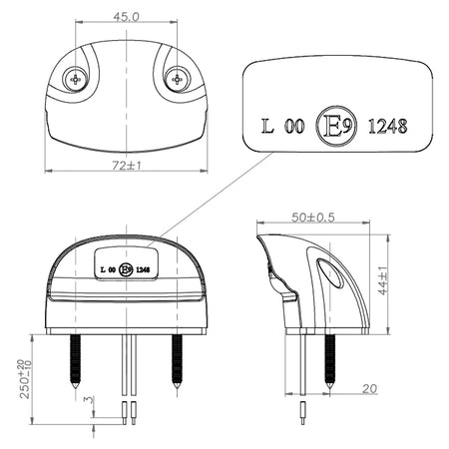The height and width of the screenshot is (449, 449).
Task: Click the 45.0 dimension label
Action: coord(126,17)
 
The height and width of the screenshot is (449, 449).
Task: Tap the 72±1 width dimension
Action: coord(127,165)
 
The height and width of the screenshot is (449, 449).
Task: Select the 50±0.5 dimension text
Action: coord(313,218)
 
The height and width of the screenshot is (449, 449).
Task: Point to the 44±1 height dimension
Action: coord(383,280)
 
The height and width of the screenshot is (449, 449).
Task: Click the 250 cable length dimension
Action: coord(26,379)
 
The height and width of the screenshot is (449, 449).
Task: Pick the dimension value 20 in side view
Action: coord(369,388)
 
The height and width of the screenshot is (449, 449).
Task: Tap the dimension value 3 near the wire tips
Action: coord(90,399)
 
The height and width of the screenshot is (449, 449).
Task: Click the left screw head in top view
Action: coord(76,79)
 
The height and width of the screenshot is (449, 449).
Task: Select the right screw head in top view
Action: coord(178,79)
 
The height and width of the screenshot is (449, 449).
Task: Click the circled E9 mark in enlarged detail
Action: coord(336,127)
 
